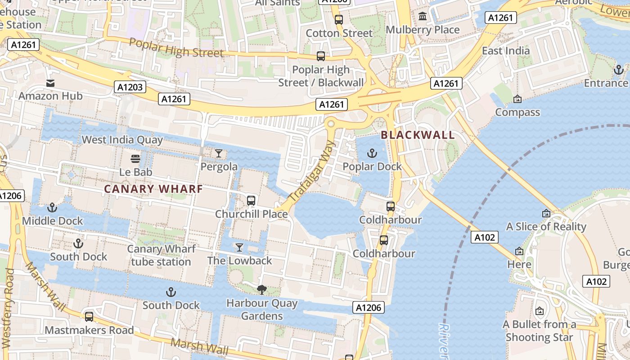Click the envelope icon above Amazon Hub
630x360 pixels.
click(x=50, y=83)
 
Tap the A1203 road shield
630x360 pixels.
click(x=130, y=87)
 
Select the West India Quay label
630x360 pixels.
click(x=122, y=140)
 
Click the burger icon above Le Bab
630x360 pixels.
click(x=135, y=159)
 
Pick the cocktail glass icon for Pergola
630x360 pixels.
click(x=219, y=153)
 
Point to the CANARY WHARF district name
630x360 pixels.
click(x=153, y=189)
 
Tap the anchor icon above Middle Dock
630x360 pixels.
click(x=52, y=208)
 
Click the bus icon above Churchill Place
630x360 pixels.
click(x=251, y=201)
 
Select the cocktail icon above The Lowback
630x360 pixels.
click(x=239, y=247)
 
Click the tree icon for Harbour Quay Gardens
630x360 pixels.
click(x=261, y=290)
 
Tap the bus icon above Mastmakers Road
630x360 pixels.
click(x=89, y=317)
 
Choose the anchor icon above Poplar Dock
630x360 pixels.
click(x=372, y=153)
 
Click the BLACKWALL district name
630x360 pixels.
click(x=418, y=135)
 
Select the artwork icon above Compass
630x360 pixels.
click(x=517, y=99)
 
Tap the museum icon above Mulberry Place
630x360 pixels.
click(x=423, y=17)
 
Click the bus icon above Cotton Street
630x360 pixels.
click(x=339, y=20)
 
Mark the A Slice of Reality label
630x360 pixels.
click(x=546, y=227)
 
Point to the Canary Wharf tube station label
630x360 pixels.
click(x=161, y=255)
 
